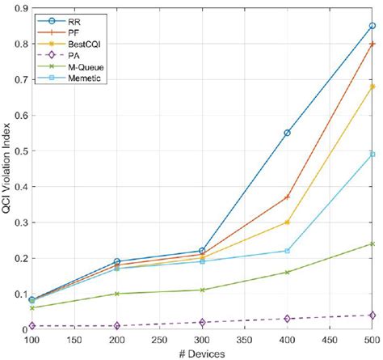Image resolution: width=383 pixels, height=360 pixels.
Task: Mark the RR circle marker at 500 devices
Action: [x=372, y=26]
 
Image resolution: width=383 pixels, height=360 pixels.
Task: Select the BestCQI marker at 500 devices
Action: [x=372, y=87]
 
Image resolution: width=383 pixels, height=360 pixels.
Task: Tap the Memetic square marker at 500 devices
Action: [x=372, y=155]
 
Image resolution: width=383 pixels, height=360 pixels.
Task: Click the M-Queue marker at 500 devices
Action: [x=372, y=244]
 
